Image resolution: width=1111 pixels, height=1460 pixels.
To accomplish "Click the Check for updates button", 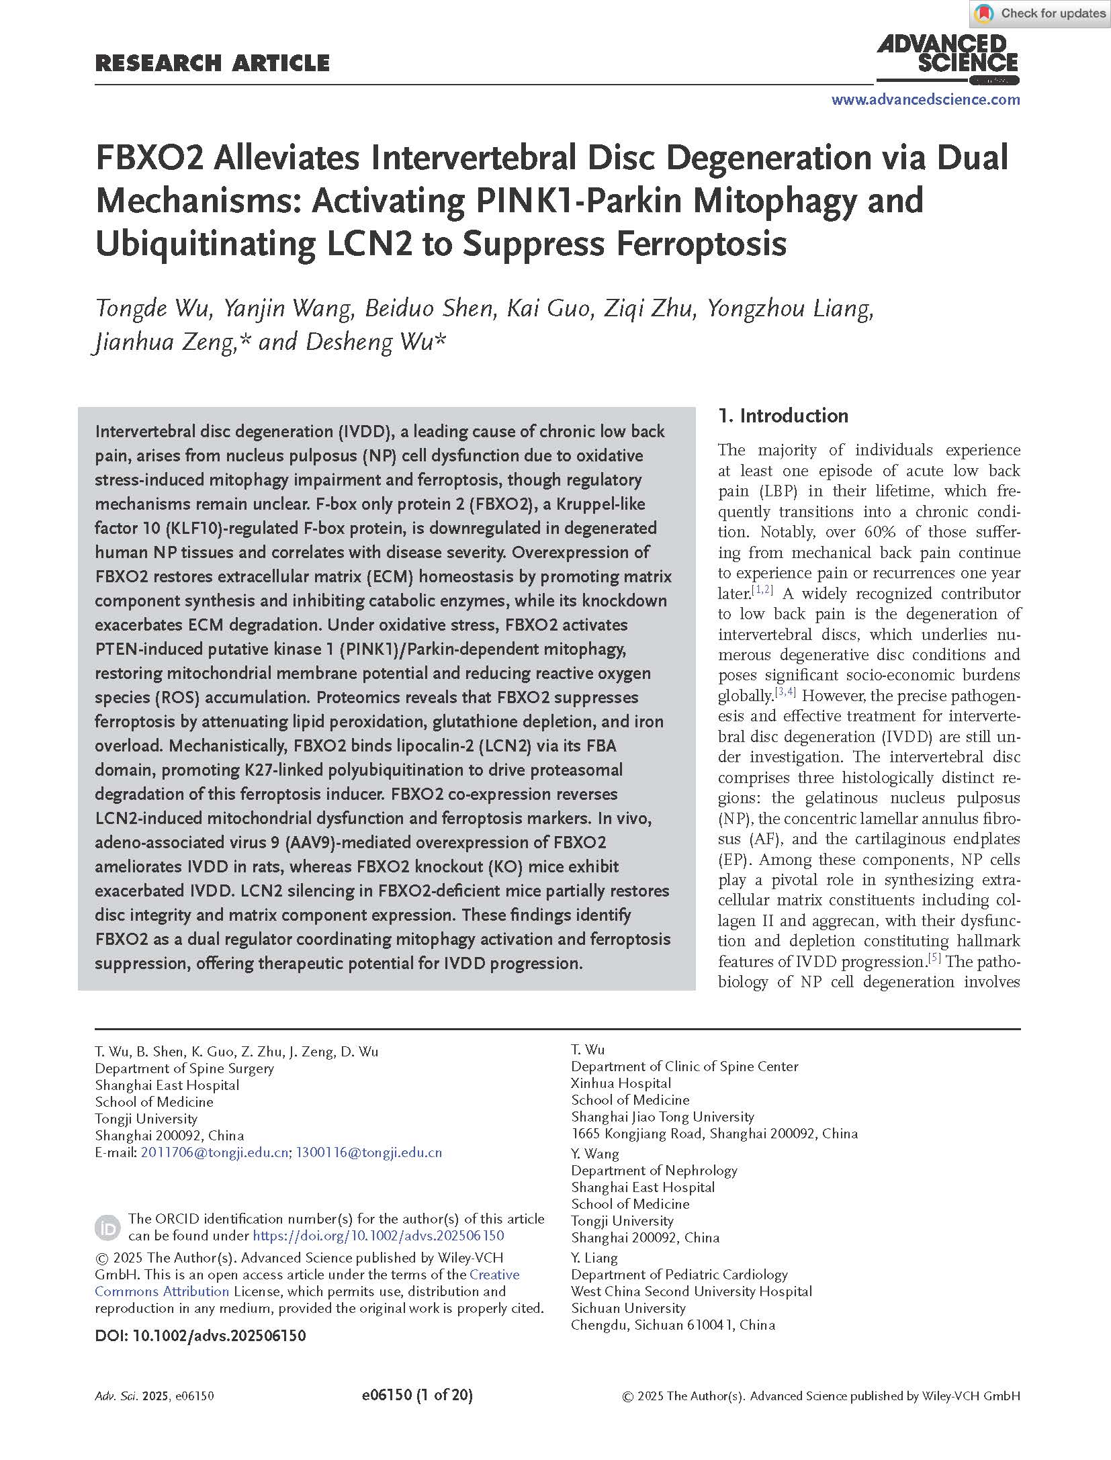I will [x=1040, y=13].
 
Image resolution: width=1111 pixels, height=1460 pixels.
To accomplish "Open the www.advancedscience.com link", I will [x=925, y=100].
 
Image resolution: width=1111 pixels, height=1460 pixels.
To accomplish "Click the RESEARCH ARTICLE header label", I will [x=212, y=63].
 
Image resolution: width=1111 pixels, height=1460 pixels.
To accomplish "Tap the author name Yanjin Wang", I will [x=288, y=308].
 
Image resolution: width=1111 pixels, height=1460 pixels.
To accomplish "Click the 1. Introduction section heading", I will [x=783, y=416].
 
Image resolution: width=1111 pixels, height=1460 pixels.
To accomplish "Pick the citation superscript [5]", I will [x=934, y=958].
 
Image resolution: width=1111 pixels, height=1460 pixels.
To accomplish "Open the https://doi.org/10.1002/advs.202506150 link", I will [x=377, y=1236].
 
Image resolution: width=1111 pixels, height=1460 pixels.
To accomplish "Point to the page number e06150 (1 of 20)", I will [x=416, y=1396].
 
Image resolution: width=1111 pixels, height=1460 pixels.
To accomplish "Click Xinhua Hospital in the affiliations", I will [x=621, y=1083].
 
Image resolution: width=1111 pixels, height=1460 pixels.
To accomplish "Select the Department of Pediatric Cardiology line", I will [x=678, y=1274].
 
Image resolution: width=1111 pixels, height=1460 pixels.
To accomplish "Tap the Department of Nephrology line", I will [x=654, y=1170].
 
